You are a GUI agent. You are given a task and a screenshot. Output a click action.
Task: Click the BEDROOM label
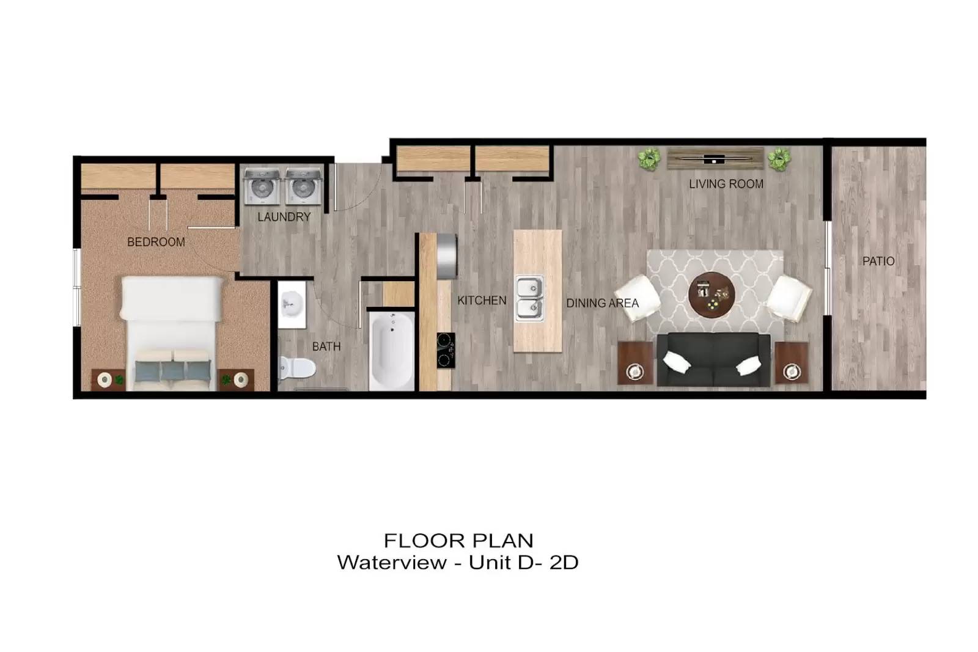point(156,242)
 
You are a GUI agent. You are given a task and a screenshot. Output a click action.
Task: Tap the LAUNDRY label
point(284,217)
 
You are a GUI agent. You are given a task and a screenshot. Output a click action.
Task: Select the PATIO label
point(878,261)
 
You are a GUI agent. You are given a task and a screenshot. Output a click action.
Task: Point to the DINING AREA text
point(602,303)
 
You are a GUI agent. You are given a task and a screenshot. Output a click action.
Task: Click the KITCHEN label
point(482,300)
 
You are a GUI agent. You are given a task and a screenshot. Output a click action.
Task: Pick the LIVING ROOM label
point(726,184)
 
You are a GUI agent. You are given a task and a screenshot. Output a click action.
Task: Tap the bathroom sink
point(292,305)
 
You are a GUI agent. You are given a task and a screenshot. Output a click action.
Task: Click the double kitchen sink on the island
point(529,299)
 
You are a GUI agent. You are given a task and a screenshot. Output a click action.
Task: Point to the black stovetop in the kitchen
point(446,350)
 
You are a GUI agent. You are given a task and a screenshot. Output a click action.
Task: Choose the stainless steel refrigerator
point(447,256)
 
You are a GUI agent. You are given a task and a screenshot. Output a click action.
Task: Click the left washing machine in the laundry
point(262,186)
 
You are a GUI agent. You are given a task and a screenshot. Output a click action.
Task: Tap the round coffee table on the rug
point(711,295)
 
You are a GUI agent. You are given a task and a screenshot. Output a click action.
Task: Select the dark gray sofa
point(713,359)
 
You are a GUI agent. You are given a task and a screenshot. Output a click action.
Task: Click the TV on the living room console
point(715,159)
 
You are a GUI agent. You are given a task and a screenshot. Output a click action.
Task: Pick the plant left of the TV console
point(650,159)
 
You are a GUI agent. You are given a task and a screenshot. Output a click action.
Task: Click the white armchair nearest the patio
point(789,299)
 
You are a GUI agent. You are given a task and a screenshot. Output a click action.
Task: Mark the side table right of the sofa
point(792,363)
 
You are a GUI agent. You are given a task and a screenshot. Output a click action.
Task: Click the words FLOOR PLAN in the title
point(458,541)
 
